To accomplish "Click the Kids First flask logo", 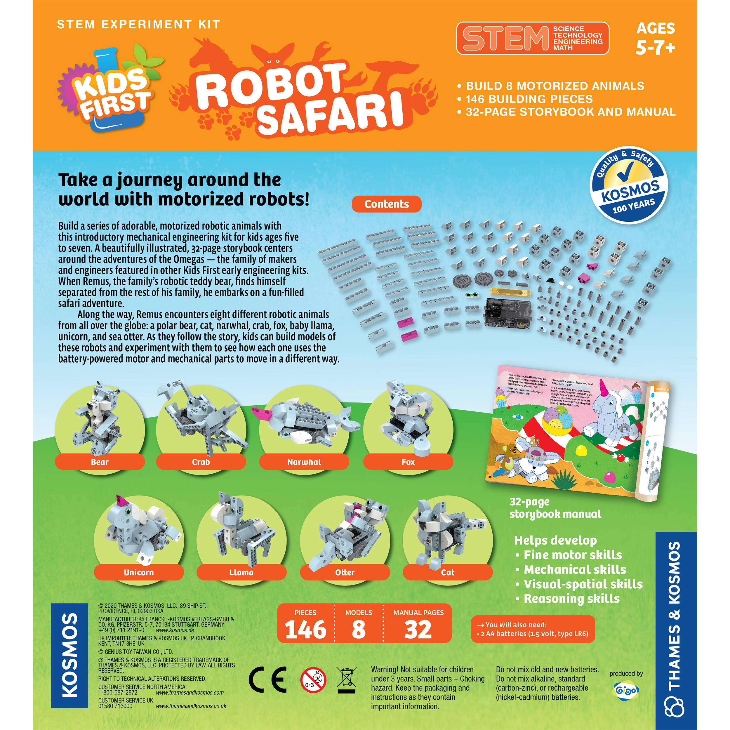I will tap(109, 93).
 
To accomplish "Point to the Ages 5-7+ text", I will tap(655, 38).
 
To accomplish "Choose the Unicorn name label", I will tap(139, 572).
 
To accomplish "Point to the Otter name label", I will tap(345, 572).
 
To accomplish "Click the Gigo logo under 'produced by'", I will tap(626, 690).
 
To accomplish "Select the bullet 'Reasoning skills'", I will tap(571, 599).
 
